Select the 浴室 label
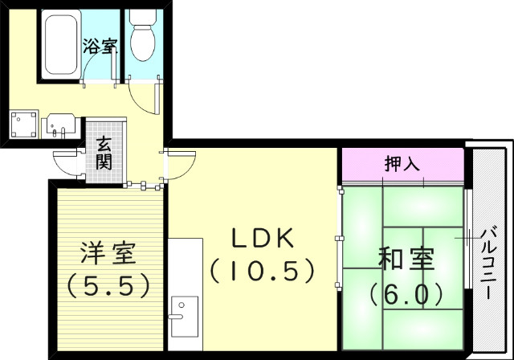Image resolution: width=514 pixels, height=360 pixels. (x=100, y=46)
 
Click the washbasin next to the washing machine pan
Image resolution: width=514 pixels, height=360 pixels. (x=60, y=126)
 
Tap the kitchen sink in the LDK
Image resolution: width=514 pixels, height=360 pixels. (x=184, y=310)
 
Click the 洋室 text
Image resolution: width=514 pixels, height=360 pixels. (x=107, y=256)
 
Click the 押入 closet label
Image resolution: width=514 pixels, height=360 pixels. (x=402, y=165)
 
